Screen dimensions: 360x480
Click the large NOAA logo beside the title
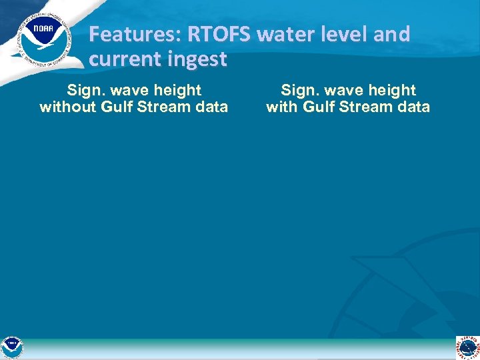click(x=45, y=39)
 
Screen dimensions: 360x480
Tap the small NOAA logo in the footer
click(x=11, y=348)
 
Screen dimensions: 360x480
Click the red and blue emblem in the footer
click(x=468, y=348)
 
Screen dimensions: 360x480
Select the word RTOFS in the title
click(x=212, y=34)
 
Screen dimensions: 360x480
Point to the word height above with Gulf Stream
click(x=393, y=90)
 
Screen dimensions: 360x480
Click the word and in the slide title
click(x=391, y=34)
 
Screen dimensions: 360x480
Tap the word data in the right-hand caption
click(x=413, y=107)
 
